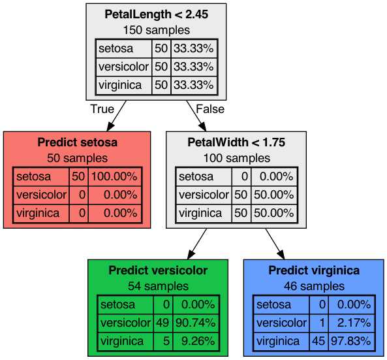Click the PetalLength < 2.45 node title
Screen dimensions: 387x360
[x=156, y=14]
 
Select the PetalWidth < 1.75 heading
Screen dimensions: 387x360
[x=236, y=142]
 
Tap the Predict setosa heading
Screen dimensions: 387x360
[x=77, y=142]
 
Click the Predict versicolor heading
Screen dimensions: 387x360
[x=158, y=270]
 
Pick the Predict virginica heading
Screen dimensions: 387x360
[x=314, y=270]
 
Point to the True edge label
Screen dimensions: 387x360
[x=102, y=109]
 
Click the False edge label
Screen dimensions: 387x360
[x=210, y=109]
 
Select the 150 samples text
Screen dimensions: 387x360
[x=157, y=30]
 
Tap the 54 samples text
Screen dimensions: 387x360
[x=158, y=286]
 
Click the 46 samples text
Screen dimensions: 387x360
[x=314, y=286]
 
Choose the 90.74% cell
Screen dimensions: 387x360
[x=196, y=323]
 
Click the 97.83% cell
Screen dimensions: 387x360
[x=351, y=341]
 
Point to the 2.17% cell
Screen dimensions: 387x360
[x=351, y=323]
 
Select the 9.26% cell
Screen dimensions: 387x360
[x=196, y=341]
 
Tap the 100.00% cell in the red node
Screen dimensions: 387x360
[x=114, y=176]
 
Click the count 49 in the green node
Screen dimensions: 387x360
[x=163, y=323]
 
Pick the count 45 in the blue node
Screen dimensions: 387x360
[x=318, y=341]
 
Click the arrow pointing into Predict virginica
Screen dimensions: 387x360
[x=275, y=244]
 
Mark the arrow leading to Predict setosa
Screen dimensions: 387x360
[x=117, y=116]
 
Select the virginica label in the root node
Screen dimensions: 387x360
[x=120, y=85]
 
